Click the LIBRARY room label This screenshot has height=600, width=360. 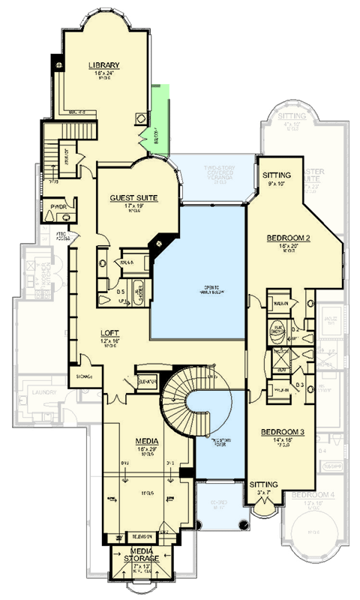pos(104,65)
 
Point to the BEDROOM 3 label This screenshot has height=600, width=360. pos(282,433)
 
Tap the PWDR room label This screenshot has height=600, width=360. pos(58,205)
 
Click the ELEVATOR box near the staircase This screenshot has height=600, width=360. pos(145,382)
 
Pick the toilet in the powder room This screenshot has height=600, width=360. pos(49,216)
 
